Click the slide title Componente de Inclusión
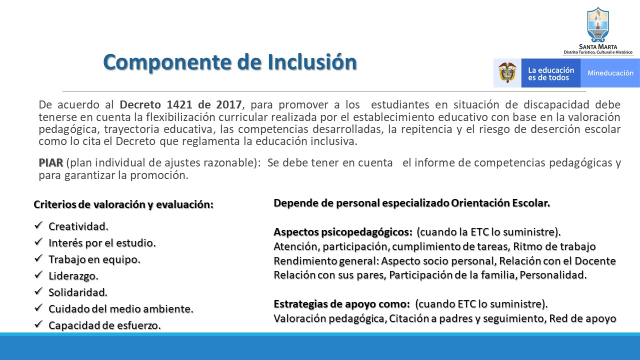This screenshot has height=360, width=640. pyautogui.click(x=229, y=62)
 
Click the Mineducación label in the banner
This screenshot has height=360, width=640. pyautogui.click(x=610, y=73)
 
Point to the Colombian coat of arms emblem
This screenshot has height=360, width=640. pyautogui.click(x=507, y=73)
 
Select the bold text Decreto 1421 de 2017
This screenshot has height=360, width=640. pyautogui.click(x=180, y=105)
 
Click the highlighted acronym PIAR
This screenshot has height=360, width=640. pyautogui.click(x=51, y=163)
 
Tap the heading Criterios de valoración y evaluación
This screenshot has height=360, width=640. pyautogui.click(x=123, y=205)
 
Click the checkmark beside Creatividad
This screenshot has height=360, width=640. pyautogui.click(x=38, y=226)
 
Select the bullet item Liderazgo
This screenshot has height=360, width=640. pyautogui.click(x=73, y=275)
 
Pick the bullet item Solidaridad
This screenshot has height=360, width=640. pyautogui.click(x=78, y=292)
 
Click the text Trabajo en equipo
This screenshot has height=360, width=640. pyautogui.click(x=94, y=259)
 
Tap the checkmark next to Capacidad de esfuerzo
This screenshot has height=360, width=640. pyautogui.click(x=38, y=325)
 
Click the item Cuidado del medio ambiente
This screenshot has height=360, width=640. pyautogui.click(x=120, y=309)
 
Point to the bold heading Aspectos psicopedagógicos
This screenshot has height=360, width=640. pyautogui.click(x=343, y=232)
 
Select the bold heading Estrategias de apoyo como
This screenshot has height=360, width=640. pyautogui.click(x=342, y=304)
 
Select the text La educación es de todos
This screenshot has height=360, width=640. pyautogui.click(x=551, y=73)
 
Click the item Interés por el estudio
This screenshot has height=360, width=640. pyautogui.click(x=102, y=243)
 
